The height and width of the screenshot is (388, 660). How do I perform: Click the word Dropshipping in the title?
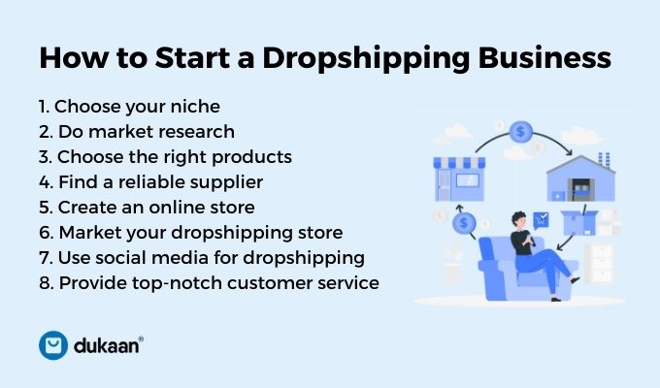tap(366, 58)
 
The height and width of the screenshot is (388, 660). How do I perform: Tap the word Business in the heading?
tap(544, 57)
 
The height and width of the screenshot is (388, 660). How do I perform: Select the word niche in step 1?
tap(195, 106)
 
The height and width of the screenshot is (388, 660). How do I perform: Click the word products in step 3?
tap(251, 157)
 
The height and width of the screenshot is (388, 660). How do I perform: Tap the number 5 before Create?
tap(45, 208)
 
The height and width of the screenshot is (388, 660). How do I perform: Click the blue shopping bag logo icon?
tap(53, 345)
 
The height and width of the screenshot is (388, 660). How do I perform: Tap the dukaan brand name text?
tap(108, 345)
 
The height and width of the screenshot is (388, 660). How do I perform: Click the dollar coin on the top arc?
tap(520, 132)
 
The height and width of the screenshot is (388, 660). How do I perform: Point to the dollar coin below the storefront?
tap(464, 223)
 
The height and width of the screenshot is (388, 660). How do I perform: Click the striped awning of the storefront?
tap(459, 162)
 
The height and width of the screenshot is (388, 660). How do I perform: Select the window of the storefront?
tap(468, 180)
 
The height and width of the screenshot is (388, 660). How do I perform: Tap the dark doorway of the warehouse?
tap(580, 189)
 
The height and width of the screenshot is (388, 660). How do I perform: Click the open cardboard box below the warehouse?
tap(579, 223)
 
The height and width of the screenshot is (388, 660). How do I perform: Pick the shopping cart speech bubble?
tap(541, 220)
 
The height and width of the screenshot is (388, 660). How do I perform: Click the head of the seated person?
tap(519, 219)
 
